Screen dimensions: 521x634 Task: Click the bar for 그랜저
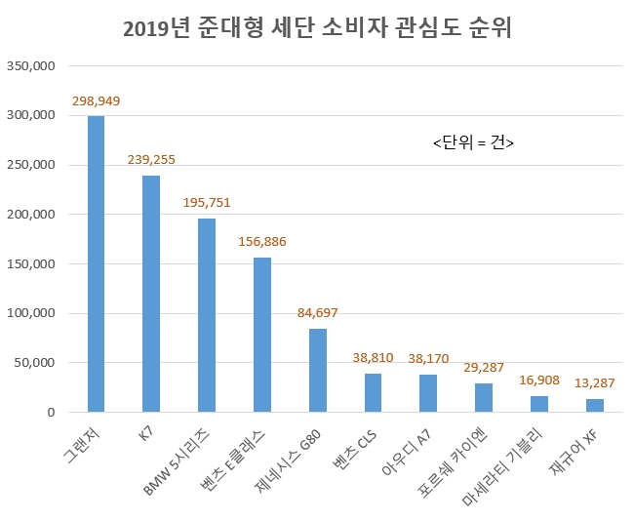96,263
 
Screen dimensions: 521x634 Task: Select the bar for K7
151,294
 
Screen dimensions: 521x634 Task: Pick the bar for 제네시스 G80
317,371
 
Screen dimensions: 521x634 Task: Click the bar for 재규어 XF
595,405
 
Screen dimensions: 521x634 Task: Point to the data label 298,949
96,101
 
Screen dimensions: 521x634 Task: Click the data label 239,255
151,160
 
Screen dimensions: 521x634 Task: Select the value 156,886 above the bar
262,242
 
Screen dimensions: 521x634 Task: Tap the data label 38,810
373,358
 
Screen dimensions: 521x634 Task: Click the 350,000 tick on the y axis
33,66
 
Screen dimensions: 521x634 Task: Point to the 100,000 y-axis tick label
33,314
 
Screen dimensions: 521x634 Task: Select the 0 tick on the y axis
52,413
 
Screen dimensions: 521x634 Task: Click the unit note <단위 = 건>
473,142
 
